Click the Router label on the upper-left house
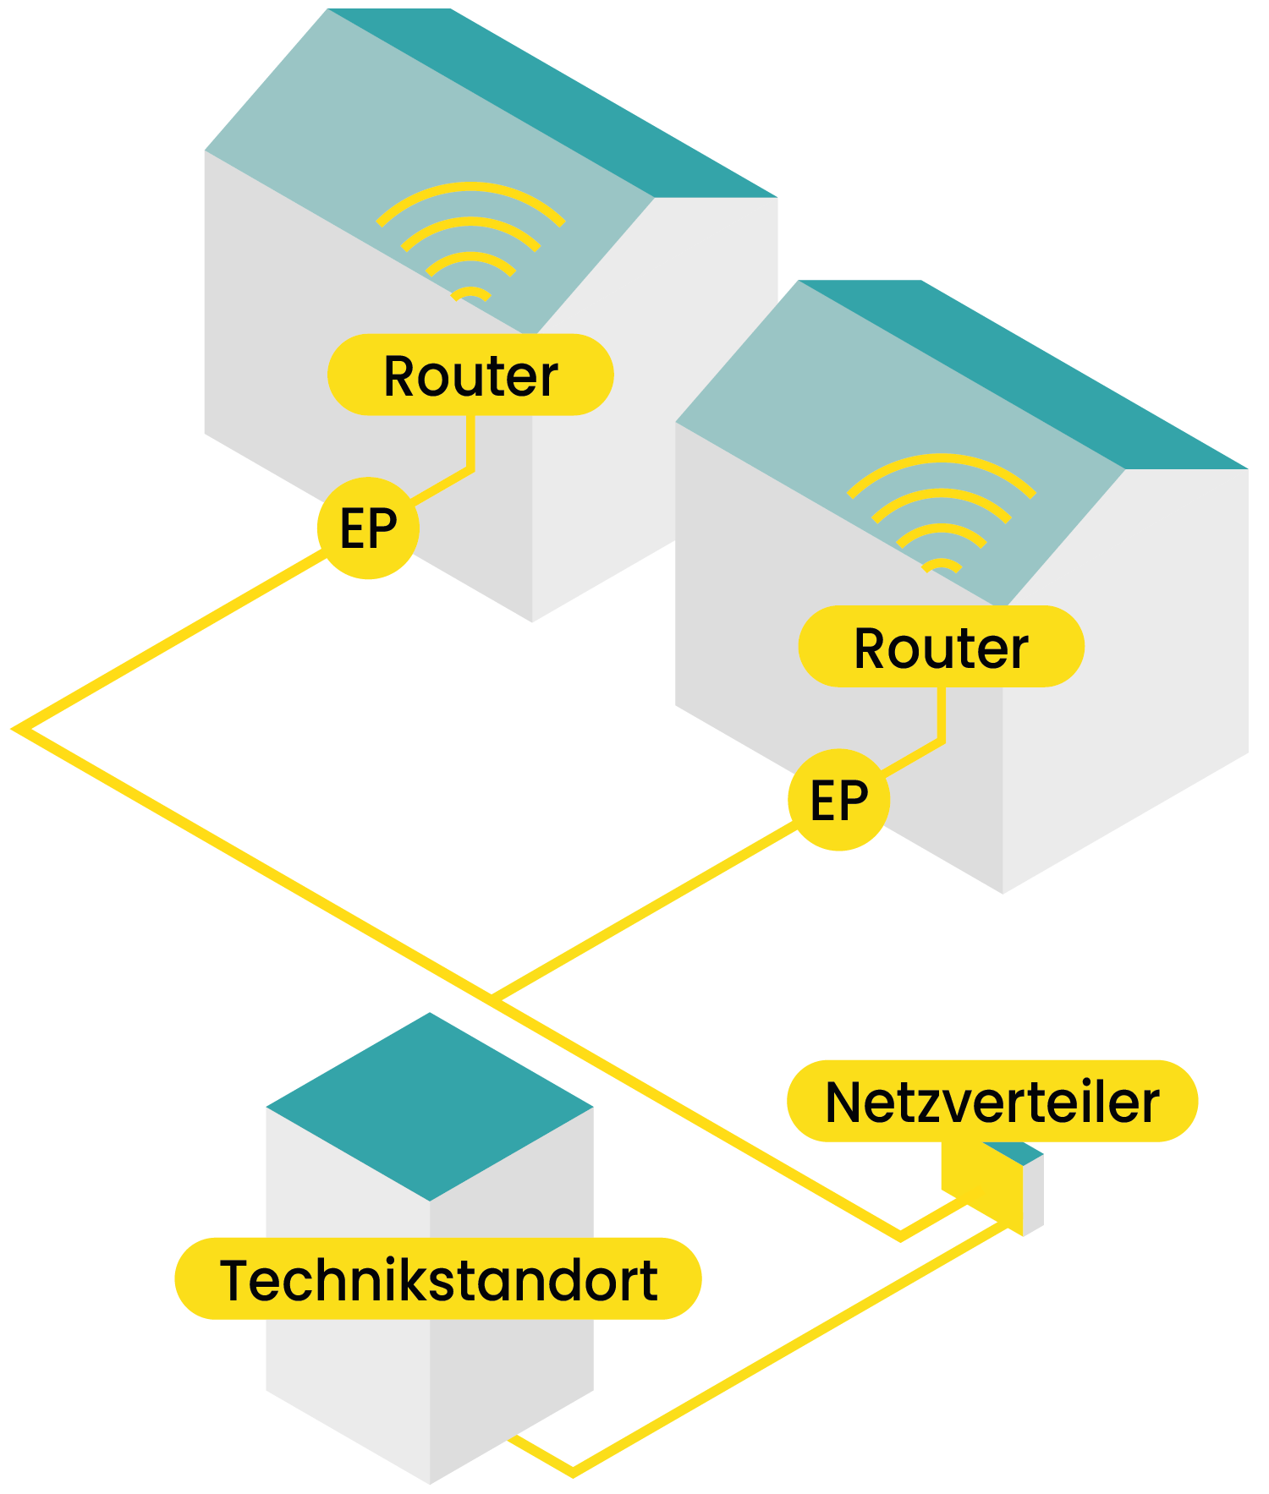(470, 375)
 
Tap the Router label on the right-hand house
(941, 647)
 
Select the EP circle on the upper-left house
(368, 529)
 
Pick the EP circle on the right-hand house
(838, 800)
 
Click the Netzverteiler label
(992, 1102)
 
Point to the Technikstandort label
(437, 1278)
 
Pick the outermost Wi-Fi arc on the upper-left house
(470, 189)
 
